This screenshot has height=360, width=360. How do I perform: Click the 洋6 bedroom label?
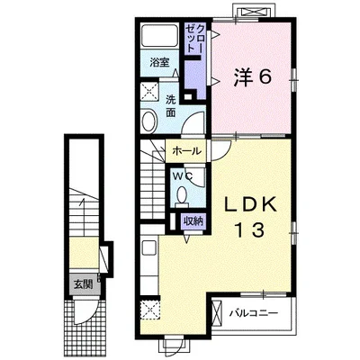[x=252, y=77]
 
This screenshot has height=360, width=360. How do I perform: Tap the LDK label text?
[x=251, y=205]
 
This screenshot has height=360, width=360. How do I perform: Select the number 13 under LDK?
[x=251, y=229]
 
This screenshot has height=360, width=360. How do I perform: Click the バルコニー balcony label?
[x=254, y=314]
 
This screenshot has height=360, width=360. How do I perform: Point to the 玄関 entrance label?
[x=83, y=284]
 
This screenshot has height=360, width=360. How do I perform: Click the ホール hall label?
[x=186, y=151]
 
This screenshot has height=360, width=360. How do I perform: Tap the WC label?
[x=182, y=176]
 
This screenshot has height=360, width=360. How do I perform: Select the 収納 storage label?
[x=193, y=221]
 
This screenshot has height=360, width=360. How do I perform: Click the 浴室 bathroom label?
[x=159, y=62]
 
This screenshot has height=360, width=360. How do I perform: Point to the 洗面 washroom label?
[x=171, y=105]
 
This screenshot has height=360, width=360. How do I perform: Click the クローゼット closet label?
[x=195, y=39]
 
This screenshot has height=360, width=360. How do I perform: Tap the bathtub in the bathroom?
[x=160, y=35]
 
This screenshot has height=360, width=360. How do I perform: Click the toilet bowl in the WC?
[x=181, y=196]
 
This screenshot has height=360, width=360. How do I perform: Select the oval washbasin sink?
[x=149, y=121]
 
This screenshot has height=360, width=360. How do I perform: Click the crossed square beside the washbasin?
[x=149, y=91]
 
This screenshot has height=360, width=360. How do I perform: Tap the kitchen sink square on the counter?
[x=149, y=248]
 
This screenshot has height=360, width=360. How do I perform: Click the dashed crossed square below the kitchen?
[x=149, y=309]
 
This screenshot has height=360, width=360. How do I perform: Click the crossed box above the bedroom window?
[x=254, y=12]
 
